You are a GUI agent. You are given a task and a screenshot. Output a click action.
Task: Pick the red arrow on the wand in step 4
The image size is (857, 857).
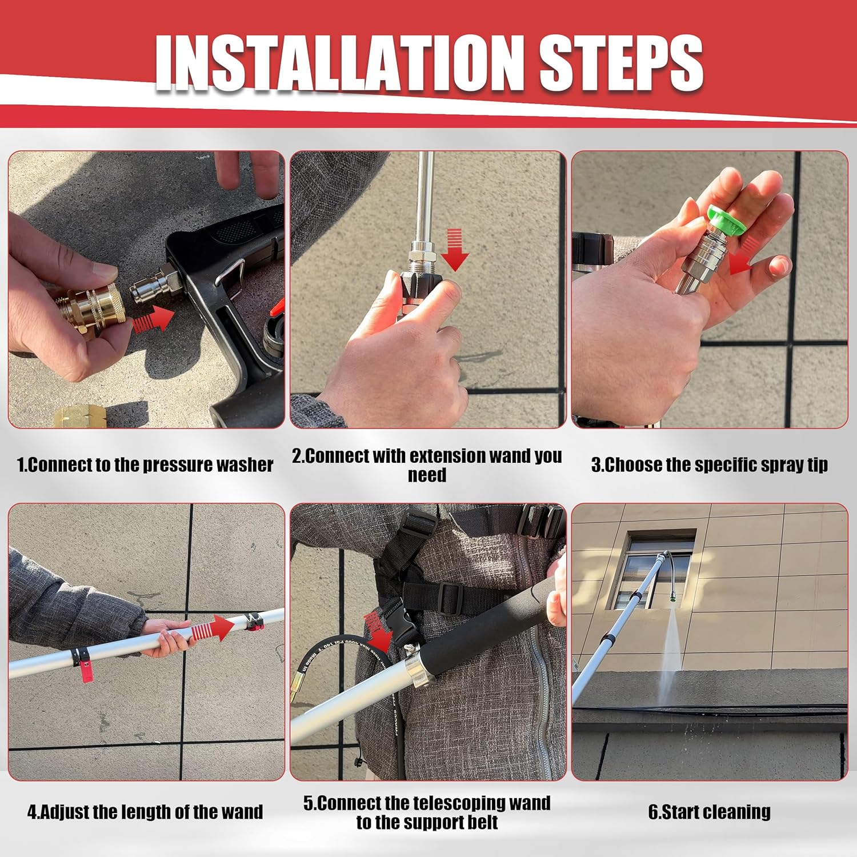pos(213,629)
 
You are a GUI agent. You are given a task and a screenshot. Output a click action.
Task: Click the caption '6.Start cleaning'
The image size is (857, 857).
pos(709,812)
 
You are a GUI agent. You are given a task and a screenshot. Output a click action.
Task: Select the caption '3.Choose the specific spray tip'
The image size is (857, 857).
pos(709,464)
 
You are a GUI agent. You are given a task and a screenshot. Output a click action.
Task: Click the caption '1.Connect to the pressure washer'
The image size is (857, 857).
pos(145,464)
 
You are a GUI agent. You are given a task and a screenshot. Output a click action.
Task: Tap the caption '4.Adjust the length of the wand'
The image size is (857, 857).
pos(145,812)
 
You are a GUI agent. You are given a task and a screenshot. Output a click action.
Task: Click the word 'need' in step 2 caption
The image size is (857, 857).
pos(427,475)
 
